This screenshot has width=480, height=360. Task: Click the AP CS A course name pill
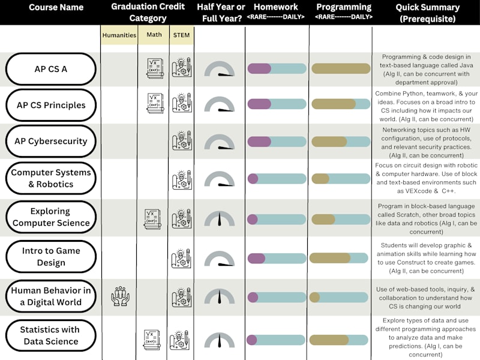[x=51, y=69]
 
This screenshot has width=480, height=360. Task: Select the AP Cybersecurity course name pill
[x=51, y=141]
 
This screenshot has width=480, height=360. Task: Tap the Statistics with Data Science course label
[x=51, y=335]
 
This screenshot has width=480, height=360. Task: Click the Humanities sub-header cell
[x=119, y=35]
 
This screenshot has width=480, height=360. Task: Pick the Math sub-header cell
[x=154, y=35]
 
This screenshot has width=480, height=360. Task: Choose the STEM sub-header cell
[x=182, y=35]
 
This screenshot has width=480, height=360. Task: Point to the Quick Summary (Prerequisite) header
[x=427, y=13]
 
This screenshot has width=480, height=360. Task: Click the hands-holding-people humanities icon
[x=121, y=296]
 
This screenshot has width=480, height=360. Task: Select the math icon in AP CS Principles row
[x=155, y=103]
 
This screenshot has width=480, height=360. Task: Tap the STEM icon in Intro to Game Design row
[x=181, y=259]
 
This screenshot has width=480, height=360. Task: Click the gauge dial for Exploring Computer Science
[x=220, y=218]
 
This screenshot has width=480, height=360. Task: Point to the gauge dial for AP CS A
[x=220, y=69]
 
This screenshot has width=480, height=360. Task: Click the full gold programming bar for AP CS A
[x=341, y=68]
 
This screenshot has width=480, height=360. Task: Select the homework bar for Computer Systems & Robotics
[x=277, y=178]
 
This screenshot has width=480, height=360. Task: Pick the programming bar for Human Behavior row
[x=338, y=297]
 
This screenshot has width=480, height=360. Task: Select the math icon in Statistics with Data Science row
[x=152, y=340]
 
